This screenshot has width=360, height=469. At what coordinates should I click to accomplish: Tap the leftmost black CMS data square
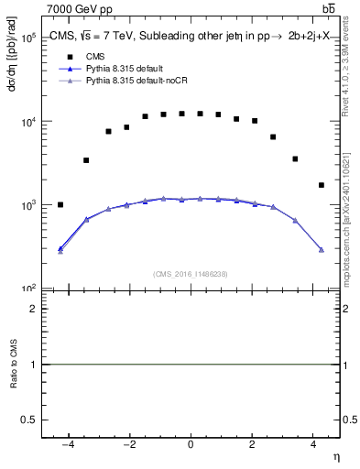(60, 204)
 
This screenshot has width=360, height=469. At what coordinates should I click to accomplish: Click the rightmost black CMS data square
(321, 185)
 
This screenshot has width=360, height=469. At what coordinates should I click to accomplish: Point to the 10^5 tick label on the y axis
(27, 38)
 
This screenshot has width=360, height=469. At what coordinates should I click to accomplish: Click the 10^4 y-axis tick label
(27, 122)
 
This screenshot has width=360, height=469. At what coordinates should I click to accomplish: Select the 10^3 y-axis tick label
(27, 205)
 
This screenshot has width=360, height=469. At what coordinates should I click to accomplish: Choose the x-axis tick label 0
(191, 444)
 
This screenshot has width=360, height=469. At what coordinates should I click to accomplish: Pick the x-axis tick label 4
(313, 444)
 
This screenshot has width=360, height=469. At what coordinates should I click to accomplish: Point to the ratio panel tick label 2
(32, 309)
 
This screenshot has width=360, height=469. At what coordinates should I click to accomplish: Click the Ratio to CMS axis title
(14, 365)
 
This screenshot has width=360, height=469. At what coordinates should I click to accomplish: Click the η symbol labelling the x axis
(335, 457)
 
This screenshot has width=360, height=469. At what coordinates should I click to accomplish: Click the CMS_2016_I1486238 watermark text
(191, 274)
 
